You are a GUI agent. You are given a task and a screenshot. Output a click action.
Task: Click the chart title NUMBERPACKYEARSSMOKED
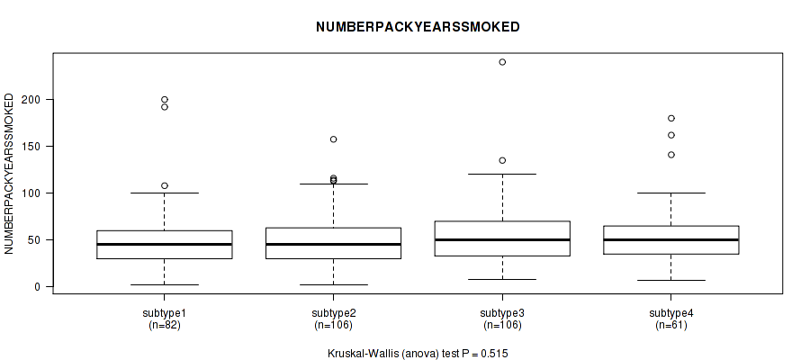pos(418,27)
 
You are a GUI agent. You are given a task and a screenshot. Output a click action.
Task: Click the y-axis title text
pos(9,174)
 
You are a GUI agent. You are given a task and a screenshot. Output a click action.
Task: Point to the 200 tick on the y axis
pos(31,99)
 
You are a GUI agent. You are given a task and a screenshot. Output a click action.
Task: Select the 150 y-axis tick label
pos(31,146)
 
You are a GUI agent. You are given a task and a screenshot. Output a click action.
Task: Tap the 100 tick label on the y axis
pos(31,193)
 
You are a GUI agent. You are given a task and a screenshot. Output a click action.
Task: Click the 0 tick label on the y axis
pos(37,287)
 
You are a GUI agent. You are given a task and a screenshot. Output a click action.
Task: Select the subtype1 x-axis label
pos(165,313)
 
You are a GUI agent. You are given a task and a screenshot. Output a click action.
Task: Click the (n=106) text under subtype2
pos(333,326)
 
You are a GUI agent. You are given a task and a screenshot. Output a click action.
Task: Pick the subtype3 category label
pos(502,313)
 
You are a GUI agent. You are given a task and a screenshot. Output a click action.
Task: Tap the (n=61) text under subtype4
pos(671,326)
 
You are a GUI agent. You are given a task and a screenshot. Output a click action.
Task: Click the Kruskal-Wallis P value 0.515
pos(494,354)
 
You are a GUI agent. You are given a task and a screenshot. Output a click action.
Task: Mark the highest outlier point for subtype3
pos(502,62)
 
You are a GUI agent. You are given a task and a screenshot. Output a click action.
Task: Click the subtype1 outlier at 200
pos(165,99)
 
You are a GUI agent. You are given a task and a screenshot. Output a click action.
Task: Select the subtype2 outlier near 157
pos(333,139)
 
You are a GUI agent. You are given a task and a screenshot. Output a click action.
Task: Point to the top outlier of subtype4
pos(671,118)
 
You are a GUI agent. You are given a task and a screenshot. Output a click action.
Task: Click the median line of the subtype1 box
pos(165,244)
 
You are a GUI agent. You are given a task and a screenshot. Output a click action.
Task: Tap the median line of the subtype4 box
pos(671,239)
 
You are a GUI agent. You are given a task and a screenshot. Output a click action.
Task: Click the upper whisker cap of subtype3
pos(502,174)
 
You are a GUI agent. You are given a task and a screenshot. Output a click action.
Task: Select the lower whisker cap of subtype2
pos(333,284)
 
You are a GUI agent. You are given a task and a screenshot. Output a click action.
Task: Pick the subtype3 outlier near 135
pos(502,160)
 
